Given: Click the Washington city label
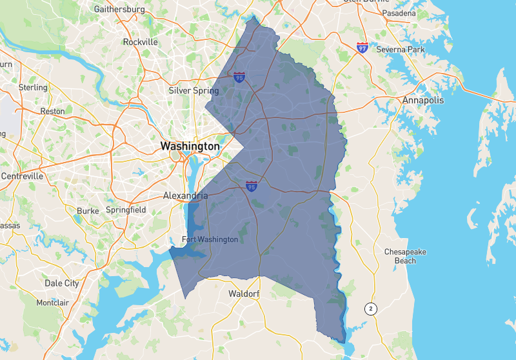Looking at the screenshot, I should [x=190, y=146].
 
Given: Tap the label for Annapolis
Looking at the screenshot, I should [x=423, y=100].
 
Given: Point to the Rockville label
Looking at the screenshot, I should [x=141, y=42].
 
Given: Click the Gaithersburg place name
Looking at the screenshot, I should [x=119, y=10].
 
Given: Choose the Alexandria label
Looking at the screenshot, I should [x=185, y=195].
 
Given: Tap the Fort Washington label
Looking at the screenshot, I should [x=210, y=239].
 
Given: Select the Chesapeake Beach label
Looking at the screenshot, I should [x=400, y=256].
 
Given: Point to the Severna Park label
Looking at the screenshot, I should [x=400, y=49].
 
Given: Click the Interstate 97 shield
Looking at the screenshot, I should [x=362, y=48].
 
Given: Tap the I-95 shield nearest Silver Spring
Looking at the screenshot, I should [x=239, y=77].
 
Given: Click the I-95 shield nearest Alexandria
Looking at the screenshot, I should [x=252, y=186].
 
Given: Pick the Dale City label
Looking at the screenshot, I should [x=62, y=283].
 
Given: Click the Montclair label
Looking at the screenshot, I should [x=53, y=303].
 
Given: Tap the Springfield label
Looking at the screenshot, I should [x=126, y=210].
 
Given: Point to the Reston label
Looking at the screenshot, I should [x=53, y=111].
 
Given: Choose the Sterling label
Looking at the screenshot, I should [x=33, y=87].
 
